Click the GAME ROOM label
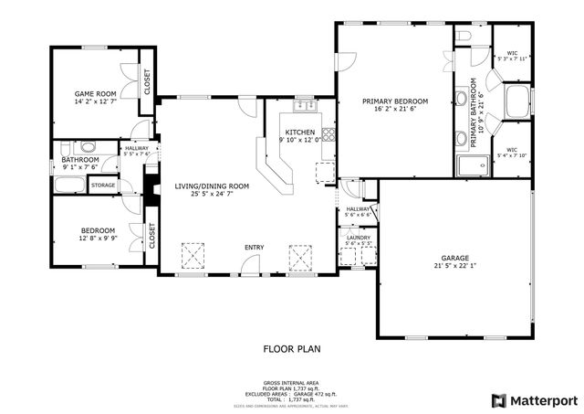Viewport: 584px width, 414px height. [x=95, y=93]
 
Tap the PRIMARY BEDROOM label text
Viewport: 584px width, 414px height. [x=395, y=101]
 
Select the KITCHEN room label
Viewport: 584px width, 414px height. [x=299, y=132]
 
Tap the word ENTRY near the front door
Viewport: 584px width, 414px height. [x=255, y=248]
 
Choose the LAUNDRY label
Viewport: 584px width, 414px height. [x=357, y=237]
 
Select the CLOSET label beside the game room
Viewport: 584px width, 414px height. [x=146, y=81]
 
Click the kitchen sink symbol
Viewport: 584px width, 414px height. [x=308, y=107]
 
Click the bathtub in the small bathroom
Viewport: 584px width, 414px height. [x=69, y=185]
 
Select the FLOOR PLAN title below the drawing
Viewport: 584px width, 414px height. [x=291, y=349]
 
